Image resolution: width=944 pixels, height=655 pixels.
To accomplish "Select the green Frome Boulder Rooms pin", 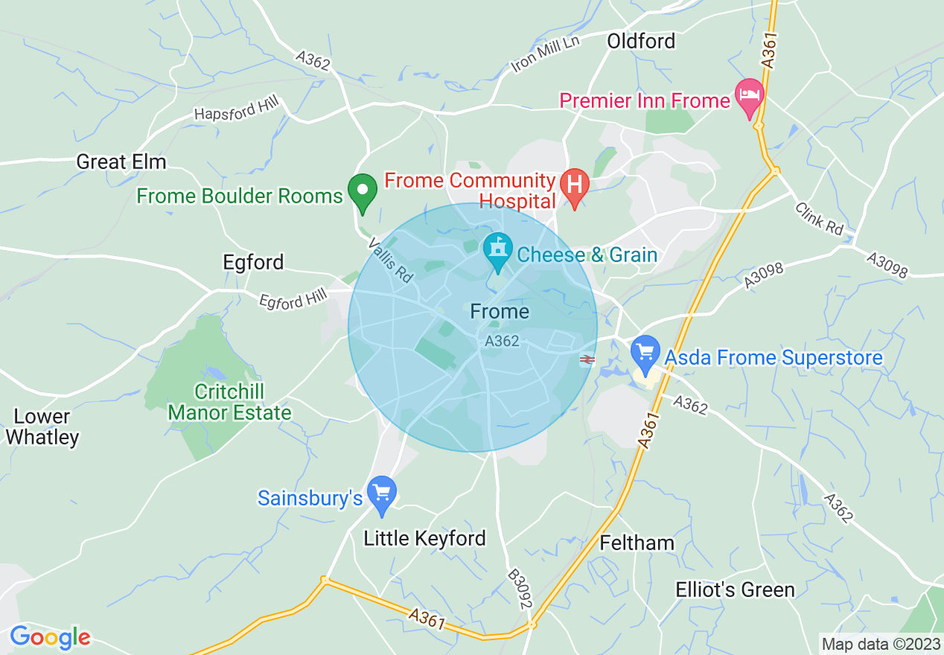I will [363, 191].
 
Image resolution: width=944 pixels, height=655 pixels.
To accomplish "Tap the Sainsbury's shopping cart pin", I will [383, 493].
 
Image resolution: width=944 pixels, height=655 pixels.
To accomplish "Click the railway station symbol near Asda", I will [587, 360].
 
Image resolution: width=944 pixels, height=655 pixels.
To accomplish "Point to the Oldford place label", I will [641, 41].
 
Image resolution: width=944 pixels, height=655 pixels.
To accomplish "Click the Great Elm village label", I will [121, 162].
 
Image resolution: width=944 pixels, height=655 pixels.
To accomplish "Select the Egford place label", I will [253, 262].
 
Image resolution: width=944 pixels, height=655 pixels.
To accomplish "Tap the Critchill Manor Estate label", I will [229, 402].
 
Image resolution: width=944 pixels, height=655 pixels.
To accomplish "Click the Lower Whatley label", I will [42, 426].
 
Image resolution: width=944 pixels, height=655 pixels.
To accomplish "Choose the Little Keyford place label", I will [424, 538].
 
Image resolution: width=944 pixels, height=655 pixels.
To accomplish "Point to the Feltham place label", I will [637, 543].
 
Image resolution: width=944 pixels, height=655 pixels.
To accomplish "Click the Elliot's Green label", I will [735, 590].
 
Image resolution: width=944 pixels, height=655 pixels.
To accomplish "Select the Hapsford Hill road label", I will [235, 110].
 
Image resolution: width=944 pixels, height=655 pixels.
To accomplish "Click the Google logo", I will [50, 637].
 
